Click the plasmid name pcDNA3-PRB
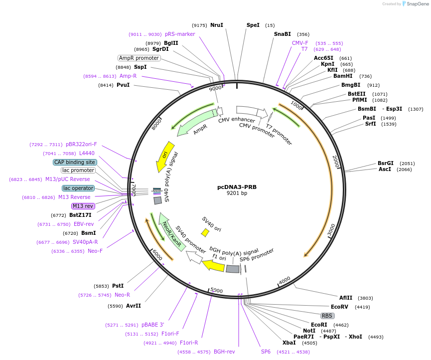tap(237, 187)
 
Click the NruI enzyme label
tap(216, 25)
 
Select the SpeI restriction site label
tap(253, 25)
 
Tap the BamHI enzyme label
tap(342, 76)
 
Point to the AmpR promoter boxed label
tap(139, 58)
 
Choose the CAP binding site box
tap(75, 162)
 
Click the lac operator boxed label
tap(78, 188)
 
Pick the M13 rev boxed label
tap(83, 206)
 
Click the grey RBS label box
tap(327, 316)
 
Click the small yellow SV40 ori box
tap(205, 232)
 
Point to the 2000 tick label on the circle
tap(335, 161)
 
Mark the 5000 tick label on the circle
tap(216, 290)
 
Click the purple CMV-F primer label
tap(300, 43)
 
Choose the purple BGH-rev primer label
tap(224, 352)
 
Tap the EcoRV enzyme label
tap(339, 307)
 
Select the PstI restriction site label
tap(118, 286)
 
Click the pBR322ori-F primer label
tap(81, 144)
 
